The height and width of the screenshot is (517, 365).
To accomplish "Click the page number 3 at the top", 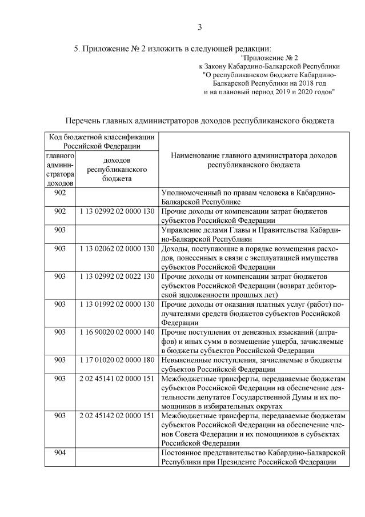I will (x=200, y=27).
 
